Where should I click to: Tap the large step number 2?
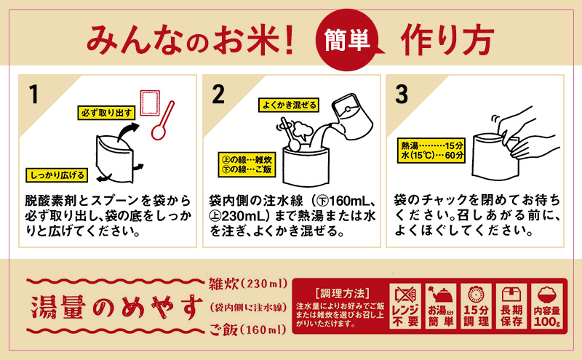coord(219,95)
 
